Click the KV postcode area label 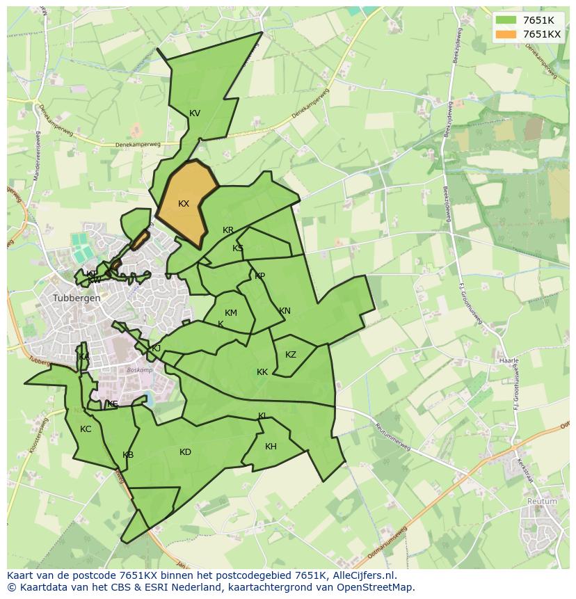[195, 113]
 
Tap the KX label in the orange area [184, 204]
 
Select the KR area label [228, 230]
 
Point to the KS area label [238, 248]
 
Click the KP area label [259, 276]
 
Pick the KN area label [285, 311]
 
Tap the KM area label [231, 313]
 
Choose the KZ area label [291, 355]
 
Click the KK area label [262, 372]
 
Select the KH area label [271, 447]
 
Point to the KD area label [185, 452]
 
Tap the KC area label [86, 429]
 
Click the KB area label [128, 455]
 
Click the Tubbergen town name [77, 298]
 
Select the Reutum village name [542, 501]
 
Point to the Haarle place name [509, 361]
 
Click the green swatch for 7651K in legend [506, 21]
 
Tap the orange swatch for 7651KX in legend [506, 34]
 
